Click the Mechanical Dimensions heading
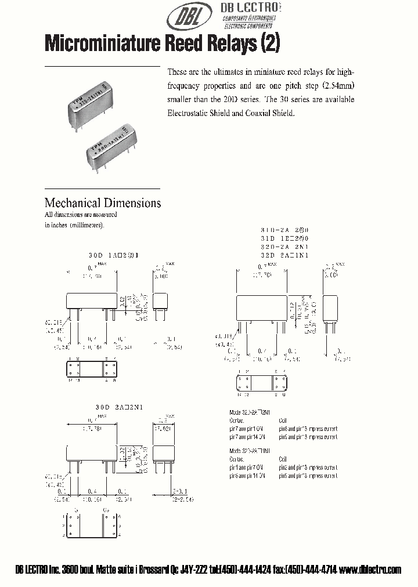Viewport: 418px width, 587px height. tap(103, 203)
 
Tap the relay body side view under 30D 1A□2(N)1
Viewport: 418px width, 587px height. tap(92, 300)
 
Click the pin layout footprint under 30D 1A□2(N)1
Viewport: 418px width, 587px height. tap(92, 369)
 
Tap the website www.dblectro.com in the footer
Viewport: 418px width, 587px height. tap(369, 570)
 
